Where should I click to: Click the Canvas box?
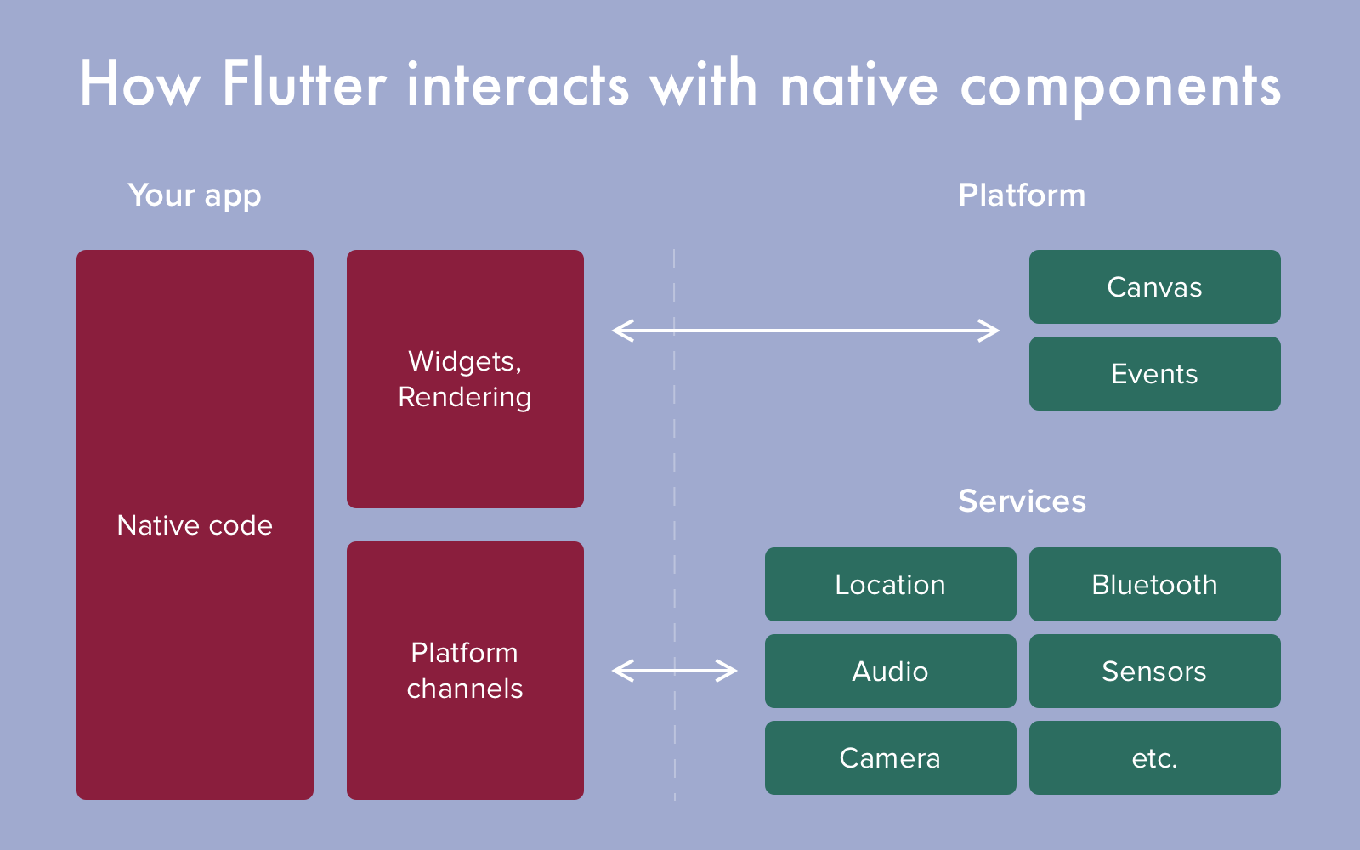(x=1154, y=287)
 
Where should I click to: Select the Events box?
(x=1154, y=374)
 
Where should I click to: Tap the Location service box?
(x=890, y=585)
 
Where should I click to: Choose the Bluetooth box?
(x=1154, y=585)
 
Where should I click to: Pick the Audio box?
(x=890, y=671)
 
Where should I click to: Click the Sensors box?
(x=1154, y=671)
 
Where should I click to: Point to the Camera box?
(x=890, y=758)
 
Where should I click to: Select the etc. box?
(x=1154, y=758)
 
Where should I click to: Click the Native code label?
(x=195, y=525)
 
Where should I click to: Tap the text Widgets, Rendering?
(x=465, y=379)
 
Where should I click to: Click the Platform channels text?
(x=465, y=671)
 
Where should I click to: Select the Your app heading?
(x=195, y=195)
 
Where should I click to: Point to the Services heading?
(x=1022, y=501)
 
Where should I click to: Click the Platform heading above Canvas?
(x=1022, y=195)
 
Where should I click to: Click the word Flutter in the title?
(x=304, y=84)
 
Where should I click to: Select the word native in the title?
(x=858, y=85)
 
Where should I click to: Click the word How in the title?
(x=140, y=84)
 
